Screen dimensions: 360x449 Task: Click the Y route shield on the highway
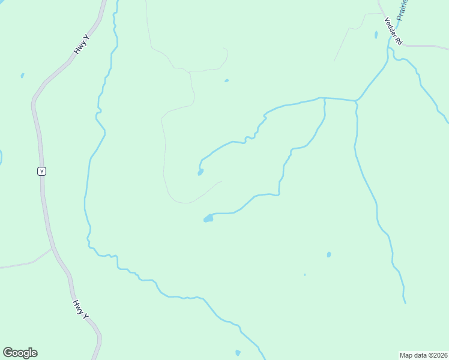click(41, 171)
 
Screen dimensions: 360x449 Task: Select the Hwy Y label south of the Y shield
click(81, 309)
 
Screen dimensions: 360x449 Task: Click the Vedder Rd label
click(393, 29)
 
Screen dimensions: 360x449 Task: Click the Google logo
click(20, 353)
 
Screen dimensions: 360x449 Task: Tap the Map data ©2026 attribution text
click(423, 355)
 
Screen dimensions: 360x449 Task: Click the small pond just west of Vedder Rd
click(376, 35)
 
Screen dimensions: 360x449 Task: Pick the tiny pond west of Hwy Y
click(22, 76)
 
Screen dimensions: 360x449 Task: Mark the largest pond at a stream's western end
click(208, 218)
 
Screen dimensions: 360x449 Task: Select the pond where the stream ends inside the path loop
click(200, 172)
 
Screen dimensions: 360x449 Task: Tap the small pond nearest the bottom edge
click(238, 353)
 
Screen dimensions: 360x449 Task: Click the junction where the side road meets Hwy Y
click(52, 248)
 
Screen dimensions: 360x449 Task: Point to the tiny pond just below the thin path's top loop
click(226, 80)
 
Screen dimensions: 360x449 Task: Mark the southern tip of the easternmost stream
click(405, 302)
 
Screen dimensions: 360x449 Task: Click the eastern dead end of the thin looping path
click(221, 181)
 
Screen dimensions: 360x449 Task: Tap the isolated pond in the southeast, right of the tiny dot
click(329, 254)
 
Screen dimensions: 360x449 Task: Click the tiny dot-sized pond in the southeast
click(305, 275)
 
